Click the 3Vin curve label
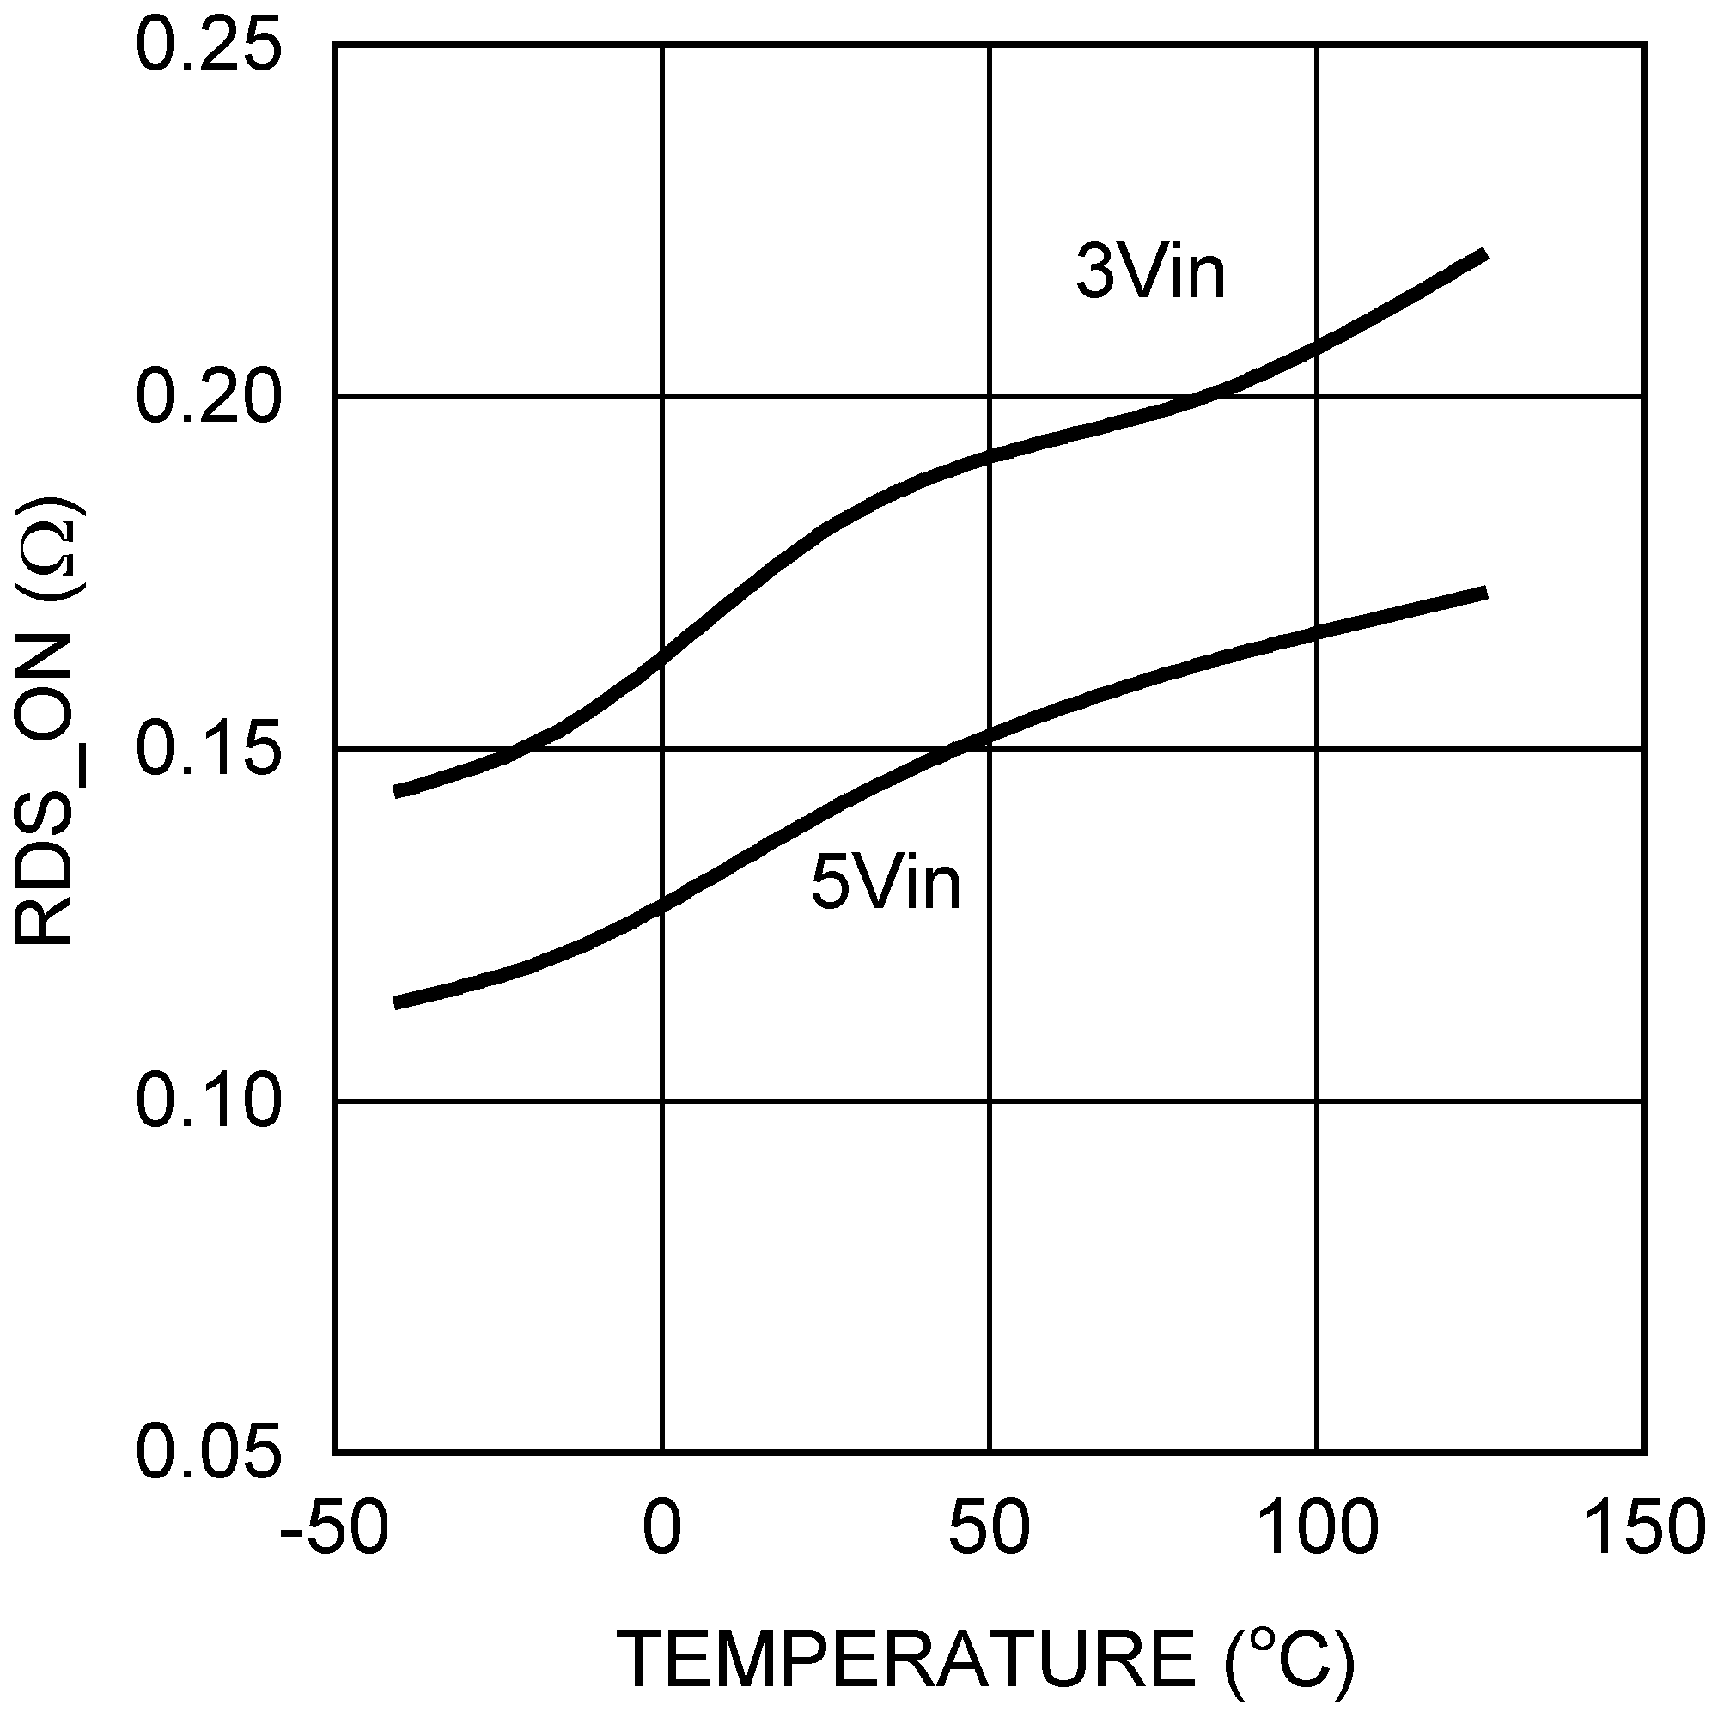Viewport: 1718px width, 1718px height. coord(1151,271)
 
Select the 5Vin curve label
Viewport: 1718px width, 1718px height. coord(886,883)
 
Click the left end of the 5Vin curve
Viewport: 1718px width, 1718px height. coord(396,1004)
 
